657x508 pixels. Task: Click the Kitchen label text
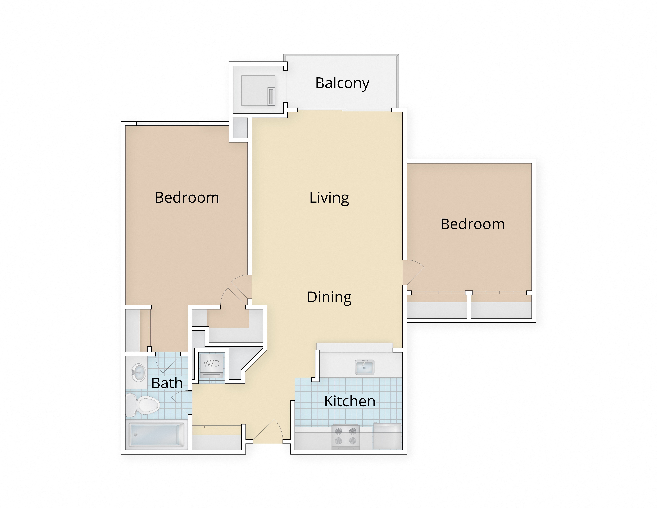click(350, 401)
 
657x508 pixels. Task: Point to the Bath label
click(167, 383)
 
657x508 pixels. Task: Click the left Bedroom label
click(187, 198)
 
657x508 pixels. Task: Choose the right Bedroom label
click(472, 224)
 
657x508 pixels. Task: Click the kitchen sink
click(365, 367)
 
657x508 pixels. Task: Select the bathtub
click(156, 435)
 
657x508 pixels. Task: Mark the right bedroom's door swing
click(413, 272)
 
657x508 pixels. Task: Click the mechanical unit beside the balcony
click(258, 90)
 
